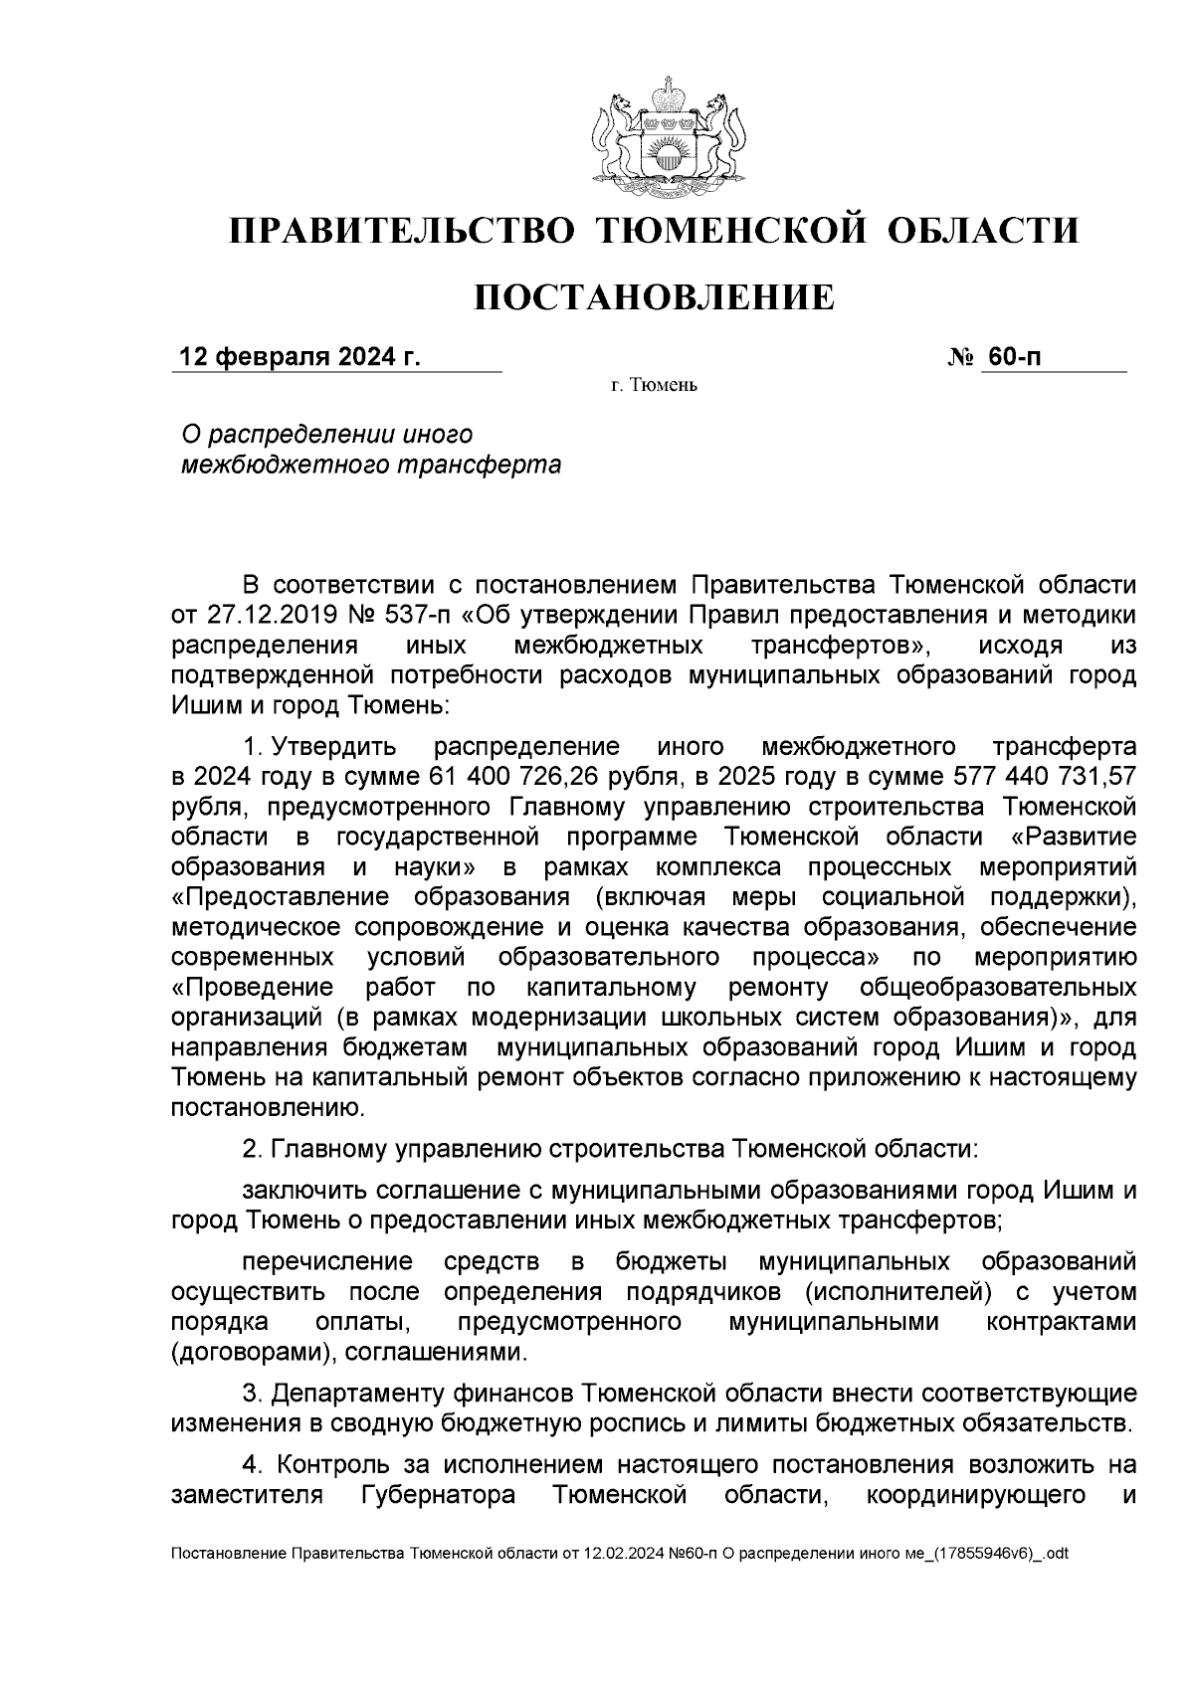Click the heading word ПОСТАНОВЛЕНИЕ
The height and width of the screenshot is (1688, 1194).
pyautogui.click(x=653, y=297)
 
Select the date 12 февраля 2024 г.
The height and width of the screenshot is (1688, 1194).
pyautogui.click(x=298, y=357)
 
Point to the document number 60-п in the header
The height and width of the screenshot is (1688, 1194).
pyautogui.click(x=1015, y=357)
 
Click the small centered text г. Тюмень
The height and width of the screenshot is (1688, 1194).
pyautogui.click(x=654, y=386)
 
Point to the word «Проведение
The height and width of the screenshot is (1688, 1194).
pyautogui.click(x=253, y=988)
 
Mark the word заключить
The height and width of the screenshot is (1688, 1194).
pyautogui.click(x=303, y=1191)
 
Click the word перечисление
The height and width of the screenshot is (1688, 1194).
pyautogui.click(x=327, y=1263)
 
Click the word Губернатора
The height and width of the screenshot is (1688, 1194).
pyautogui.click(x=435, y=1496)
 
